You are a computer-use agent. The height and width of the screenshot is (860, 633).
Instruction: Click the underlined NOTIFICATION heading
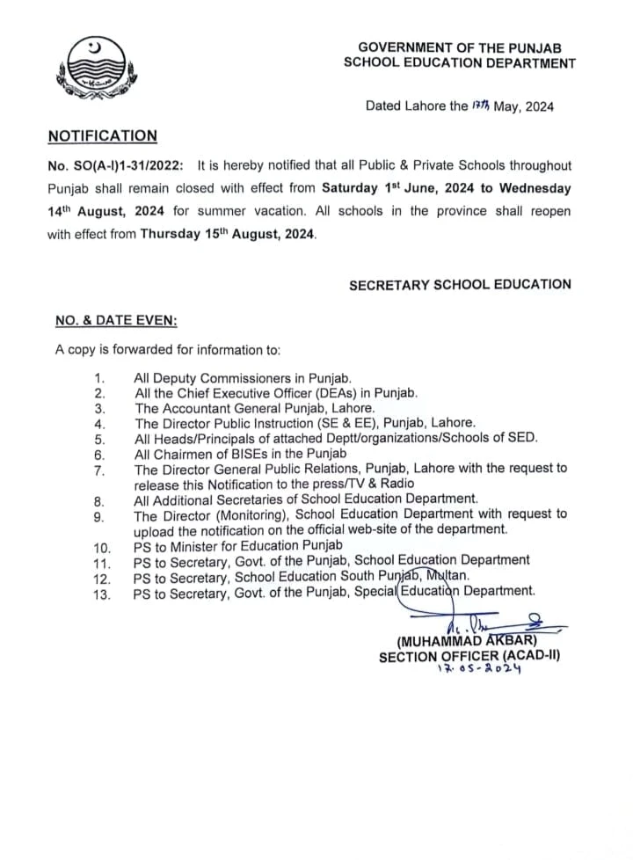(x=102, y=136)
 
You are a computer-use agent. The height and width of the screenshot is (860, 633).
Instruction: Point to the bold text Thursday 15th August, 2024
(x=227, y=236)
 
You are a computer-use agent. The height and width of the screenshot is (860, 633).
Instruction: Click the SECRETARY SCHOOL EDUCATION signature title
(x=460, y=285)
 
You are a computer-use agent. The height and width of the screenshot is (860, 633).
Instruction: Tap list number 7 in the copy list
(x=99, y=470)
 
